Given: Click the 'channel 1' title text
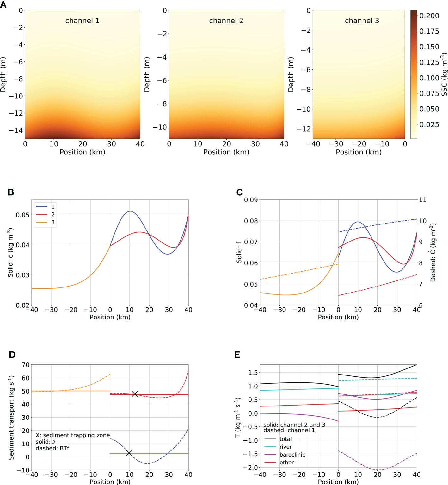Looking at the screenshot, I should pyautogui.click(x=82, y=21).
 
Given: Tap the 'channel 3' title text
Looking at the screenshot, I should pyautogui.click(x=362, y=21).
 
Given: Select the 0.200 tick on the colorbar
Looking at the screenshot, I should pyautogui.click(x=429, y=16).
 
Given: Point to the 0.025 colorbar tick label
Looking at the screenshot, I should pyautogui.click(x=429, y=125).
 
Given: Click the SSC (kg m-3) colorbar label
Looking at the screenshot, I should pyautogui.click(x=444, y=75).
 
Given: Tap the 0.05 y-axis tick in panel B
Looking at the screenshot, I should pyautogui.click(x=23, y=215).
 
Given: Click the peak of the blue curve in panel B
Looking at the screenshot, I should pyautogui.click(x=130, y=211).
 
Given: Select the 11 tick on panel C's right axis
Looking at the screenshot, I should pyautogui.click(x=423, y=200).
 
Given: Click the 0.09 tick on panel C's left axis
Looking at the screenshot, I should pyautogui.click(x=251, y=200).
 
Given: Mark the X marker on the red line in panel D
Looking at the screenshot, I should pyautogui.click(x=135, y=394).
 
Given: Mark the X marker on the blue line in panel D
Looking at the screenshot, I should pyautogui.click(x=129, y=453).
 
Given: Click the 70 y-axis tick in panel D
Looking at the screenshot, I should pyautogui.click(x=26, y=365).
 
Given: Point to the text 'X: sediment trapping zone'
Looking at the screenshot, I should pyautogui.click(x=72, y=435).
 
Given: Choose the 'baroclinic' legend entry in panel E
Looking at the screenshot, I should pyautogui.click(x=292, y=455).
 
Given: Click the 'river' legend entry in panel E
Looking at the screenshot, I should pyautogui.click(x=285, y=447).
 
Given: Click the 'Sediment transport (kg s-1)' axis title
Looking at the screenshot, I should pyautogui.click(x=12, y=418).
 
